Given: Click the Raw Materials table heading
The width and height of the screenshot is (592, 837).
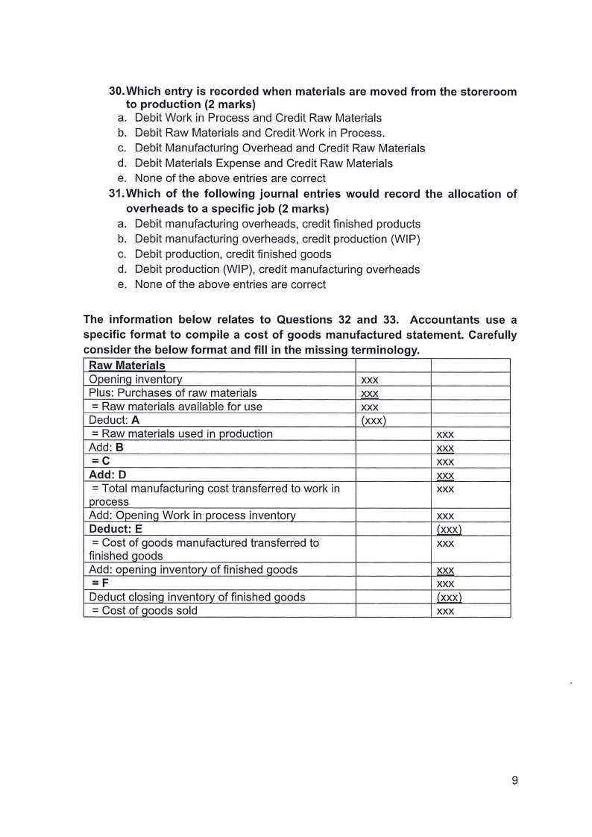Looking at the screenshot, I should pos(127,366).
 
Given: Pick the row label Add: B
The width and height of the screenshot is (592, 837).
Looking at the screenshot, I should pos(106,448).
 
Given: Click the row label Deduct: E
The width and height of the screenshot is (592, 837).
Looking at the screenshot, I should pos(116,530).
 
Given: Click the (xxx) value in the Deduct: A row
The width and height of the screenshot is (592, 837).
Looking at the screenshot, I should pos(372,420).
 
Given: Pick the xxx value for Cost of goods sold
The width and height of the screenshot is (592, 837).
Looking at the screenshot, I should pos(445,611).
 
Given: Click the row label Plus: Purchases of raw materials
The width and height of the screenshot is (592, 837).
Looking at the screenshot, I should pos(173,392).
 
